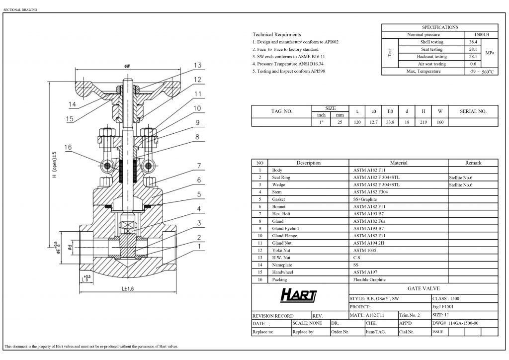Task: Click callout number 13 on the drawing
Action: coord(197,66)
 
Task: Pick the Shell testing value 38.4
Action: coord(473,42)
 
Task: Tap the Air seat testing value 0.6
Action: coord(473,64)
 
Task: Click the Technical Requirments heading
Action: coord(277,35)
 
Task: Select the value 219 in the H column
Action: coord(423,122)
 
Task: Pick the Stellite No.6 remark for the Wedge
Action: coord(460,184)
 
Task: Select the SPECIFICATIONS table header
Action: coord(439,27)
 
